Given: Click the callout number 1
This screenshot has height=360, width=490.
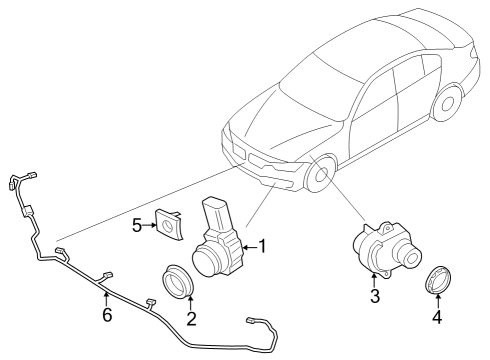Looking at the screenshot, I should pyautogui.click(x=263, y=245).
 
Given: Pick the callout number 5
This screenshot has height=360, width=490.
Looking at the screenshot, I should pyautogui.click(x=138, y=225).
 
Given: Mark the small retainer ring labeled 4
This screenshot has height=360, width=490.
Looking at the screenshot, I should pyautogui.click(x=436, y=281).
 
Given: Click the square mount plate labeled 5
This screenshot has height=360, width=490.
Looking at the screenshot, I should pyautogui.click(x=166, y=224).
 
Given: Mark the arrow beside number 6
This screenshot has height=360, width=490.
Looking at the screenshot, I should pyautogui.click(x=105, y=295).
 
